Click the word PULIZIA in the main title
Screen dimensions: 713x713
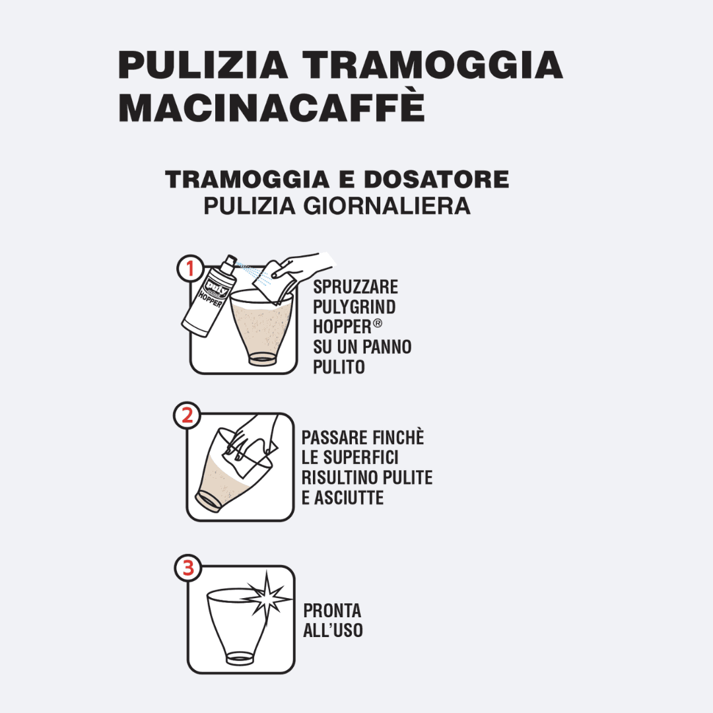point(203,65)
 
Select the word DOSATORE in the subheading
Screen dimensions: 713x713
point(436,179)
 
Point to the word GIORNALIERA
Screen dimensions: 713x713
point(387,207)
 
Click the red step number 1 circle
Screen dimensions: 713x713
point(191,268)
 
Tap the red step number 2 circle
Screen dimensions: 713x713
point(187,415)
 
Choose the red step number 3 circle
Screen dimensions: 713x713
point(187,568)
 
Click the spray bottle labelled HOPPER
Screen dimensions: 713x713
point(210,296)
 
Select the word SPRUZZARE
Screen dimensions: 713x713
point(356,287)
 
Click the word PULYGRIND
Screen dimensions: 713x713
point(355,307)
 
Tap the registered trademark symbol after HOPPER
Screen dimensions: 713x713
point(378,323)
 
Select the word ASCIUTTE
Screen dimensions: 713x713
point(349,498)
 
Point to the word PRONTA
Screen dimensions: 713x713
point(332,610)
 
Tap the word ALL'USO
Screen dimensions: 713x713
point(333,630)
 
